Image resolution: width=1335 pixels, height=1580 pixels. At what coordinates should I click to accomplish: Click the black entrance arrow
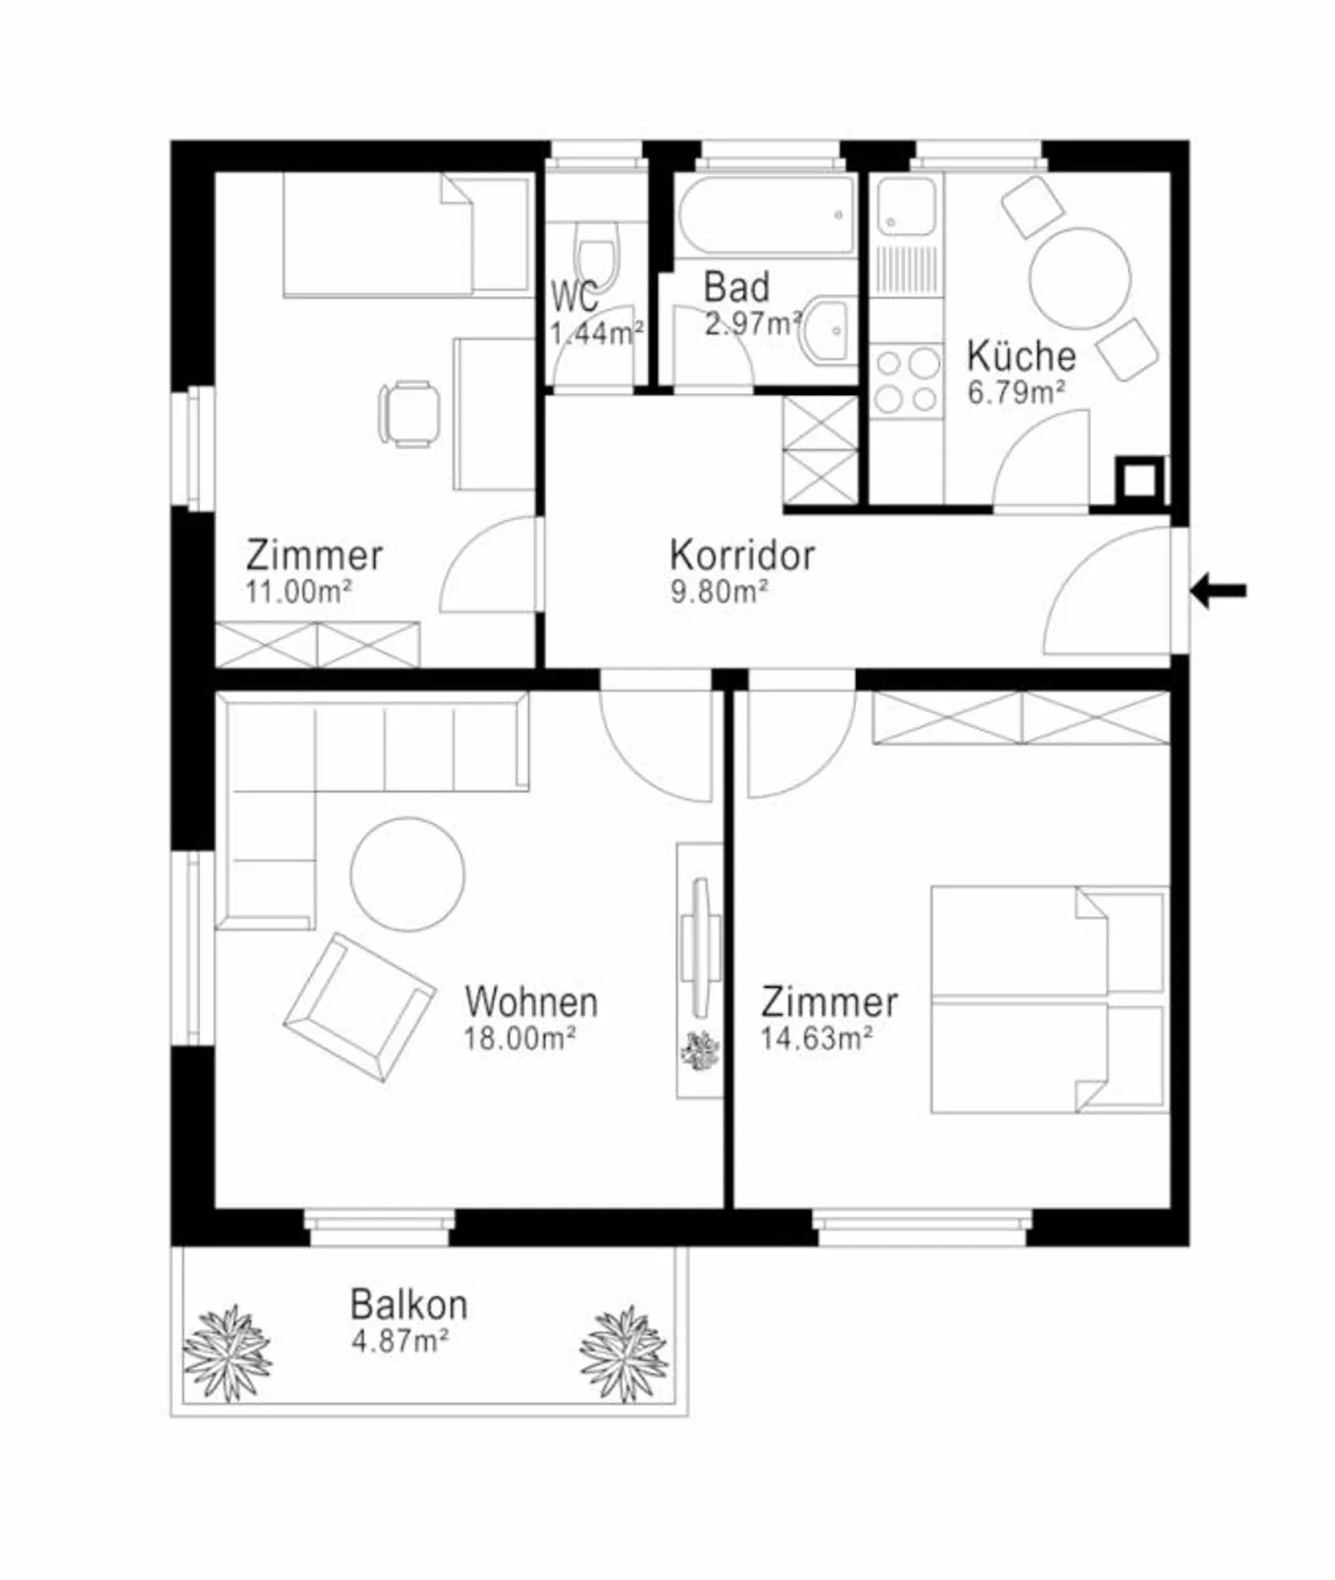click(1219, 590)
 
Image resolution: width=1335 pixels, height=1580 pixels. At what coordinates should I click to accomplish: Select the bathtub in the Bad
click(766, 215)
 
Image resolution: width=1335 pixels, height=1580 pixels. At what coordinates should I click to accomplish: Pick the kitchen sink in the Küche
click(906, 206)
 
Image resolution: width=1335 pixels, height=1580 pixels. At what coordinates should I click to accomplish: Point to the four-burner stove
click(907, 379)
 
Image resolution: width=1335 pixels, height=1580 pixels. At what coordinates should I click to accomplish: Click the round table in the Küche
click(1080, 278)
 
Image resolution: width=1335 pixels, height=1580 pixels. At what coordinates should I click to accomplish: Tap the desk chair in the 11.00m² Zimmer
click(409, 414)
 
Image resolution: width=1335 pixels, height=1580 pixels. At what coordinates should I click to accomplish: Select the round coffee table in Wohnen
click(408, 873)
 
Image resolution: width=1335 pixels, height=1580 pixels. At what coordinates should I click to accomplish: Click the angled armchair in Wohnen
click(360, 1006)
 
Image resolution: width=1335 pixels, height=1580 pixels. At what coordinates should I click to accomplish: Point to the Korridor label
click(742, 555)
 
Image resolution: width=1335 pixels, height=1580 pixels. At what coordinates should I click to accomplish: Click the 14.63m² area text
click(816, 1038)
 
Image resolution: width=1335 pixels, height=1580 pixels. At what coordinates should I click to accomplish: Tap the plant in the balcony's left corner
click(227, 1353)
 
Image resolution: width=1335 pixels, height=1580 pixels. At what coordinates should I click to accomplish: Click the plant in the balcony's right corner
click(624, 1354)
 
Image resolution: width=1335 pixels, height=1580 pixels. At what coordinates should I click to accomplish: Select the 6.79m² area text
click(1016, 393)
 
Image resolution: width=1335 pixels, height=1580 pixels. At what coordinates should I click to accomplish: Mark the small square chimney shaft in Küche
click(1140, 480)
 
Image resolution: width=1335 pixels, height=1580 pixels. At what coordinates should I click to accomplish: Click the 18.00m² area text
click(519, 1038)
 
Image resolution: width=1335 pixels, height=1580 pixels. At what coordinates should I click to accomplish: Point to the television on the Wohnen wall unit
click(701, 945)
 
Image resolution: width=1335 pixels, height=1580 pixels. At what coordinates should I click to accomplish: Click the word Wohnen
click(531, 1002)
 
